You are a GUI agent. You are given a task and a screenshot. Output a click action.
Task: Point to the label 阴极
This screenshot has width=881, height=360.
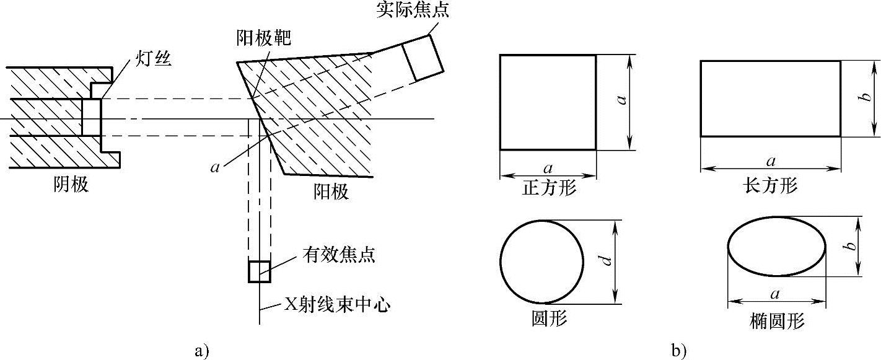(71, 185)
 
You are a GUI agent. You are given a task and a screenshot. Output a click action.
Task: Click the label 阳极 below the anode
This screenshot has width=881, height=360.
(331, 191)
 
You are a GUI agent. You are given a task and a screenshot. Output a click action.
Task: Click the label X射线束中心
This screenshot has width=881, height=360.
(338, 305)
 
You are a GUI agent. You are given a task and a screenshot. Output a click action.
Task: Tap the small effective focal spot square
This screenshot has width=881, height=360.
(260, 271)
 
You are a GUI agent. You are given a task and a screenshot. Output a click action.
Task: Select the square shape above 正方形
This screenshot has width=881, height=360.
(548, 102)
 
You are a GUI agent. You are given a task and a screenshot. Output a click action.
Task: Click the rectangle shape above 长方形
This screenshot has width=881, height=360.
(770, 99)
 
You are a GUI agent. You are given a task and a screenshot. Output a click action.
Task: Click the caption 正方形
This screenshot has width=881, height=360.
(549, 187)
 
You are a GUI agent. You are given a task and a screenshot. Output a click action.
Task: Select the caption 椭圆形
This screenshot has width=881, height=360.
(777, 321)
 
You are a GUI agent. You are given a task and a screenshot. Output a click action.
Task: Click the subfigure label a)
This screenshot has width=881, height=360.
(201, 351)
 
